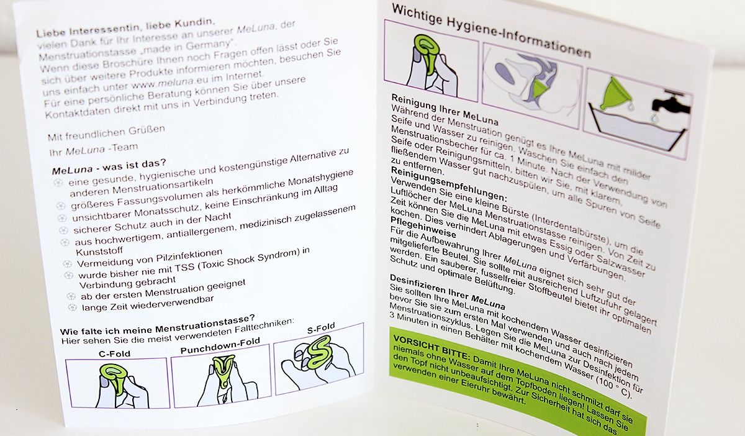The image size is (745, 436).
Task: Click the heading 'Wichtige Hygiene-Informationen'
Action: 491,30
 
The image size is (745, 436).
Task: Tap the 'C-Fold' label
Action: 114,353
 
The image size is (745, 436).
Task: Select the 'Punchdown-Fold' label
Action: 220,346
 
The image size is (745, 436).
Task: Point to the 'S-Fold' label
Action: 321,328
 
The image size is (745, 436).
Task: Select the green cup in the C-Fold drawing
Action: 114,378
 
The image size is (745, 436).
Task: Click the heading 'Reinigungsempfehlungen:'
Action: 449,184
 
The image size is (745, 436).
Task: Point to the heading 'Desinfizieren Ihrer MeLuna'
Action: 448,291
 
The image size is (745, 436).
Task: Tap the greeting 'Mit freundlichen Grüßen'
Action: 106,133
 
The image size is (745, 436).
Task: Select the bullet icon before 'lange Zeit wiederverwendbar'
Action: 72,307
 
